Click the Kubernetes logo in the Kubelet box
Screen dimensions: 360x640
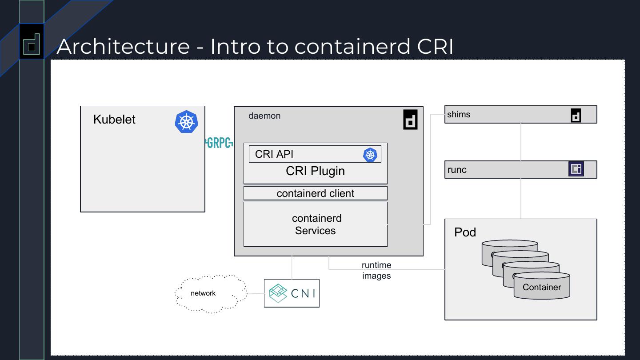coord(186,122)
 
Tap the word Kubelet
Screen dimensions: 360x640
coord(114,120)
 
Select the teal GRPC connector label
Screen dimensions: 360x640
coord(219,143)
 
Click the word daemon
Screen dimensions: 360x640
coord(264,116)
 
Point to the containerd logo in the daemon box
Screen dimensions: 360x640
coord(410,119)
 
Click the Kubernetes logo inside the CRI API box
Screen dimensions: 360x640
coord(370,155)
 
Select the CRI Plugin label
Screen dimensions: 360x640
coord(315,171)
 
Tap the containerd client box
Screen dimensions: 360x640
coord(315,193)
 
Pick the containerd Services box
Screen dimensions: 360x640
coord(315,224)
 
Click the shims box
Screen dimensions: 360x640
coord(507,115)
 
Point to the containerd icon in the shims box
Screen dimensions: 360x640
coord(576,116)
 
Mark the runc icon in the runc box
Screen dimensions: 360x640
coord(576,169)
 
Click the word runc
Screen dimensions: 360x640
coord(457,170)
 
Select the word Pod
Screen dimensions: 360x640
coord(465,232)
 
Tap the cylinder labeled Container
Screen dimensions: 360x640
coord(542,287)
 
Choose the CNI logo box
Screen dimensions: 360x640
coord(292,293)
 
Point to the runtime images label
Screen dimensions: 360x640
coord(376,270)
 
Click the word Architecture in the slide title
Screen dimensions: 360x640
coord(123,46)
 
